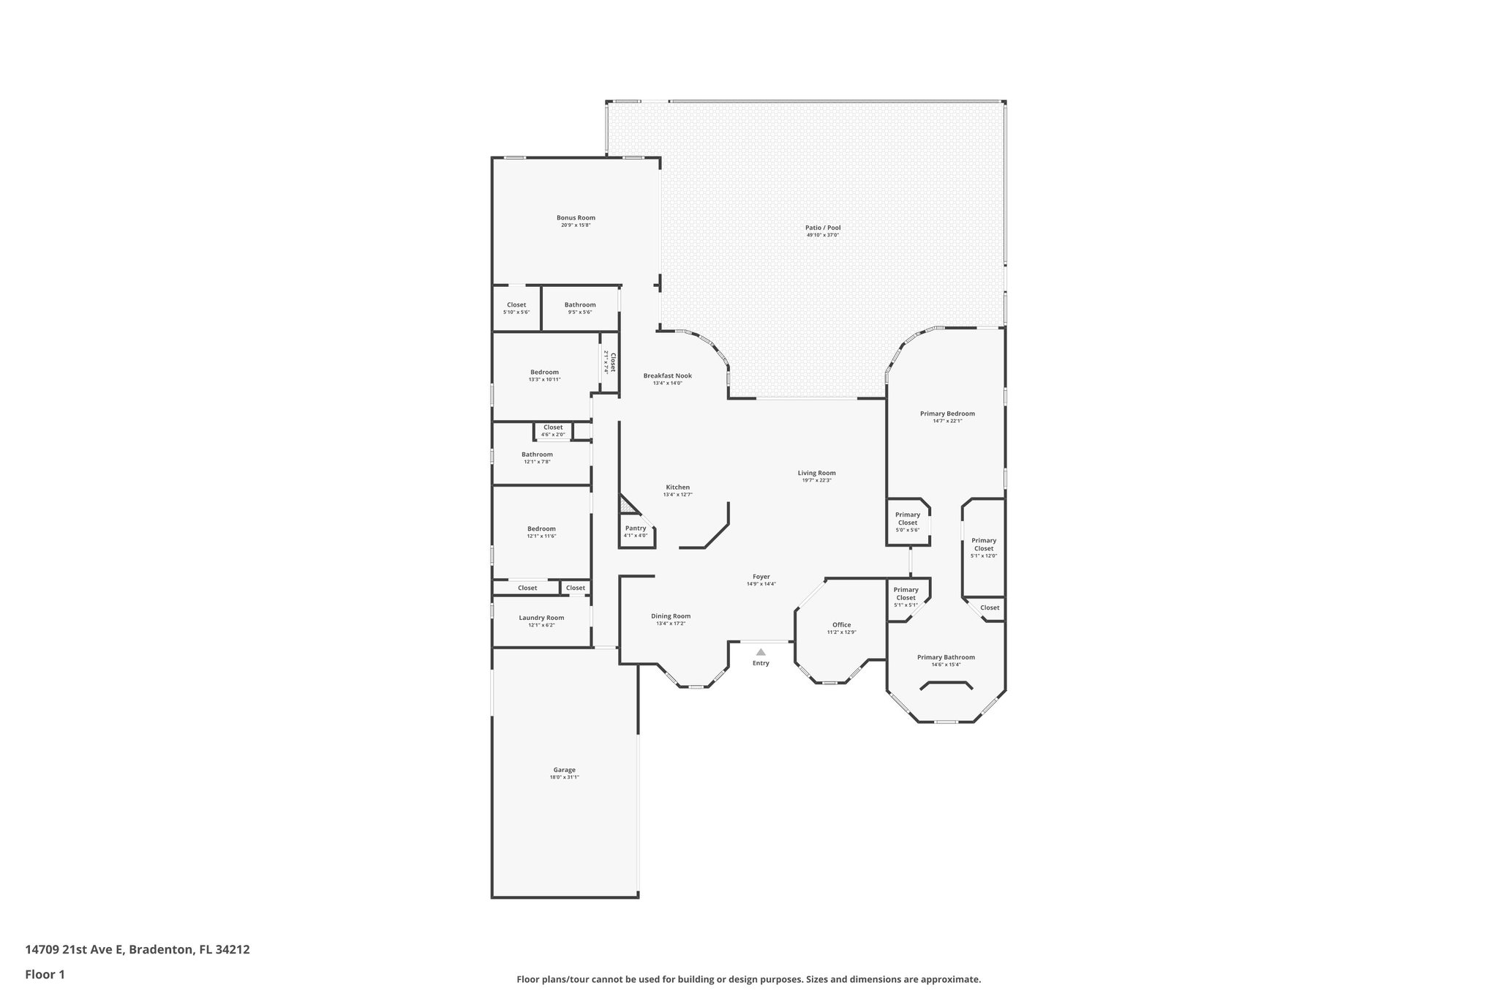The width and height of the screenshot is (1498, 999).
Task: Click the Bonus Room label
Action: pyautogui.click(x=576, y=217)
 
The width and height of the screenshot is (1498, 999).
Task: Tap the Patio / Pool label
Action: pyautogui.click(x=823, y=228)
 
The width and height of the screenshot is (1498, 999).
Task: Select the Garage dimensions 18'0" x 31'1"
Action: pyautogui.click(x=564, y=777)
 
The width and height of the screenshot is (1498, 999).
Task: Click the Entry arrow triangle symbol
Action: pyautogui.click(x=761, y=651)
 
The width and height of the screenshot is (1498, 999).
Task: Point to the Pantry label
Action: pyautogui.click(x=636, y=528)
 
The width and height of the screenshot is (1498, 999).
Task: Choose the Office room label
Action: pyautogui.click(x=841, y=624)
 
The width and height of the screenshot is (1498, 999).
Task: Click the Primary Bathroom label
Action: pyautogui.click(x=946, y=656)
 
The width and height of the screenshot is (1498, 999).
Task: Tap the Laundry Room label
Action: pyautogui.click(x=541, y=617)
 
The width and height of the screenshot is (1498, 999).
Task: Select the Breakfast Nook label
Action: pyautogui.click(x=667, y=375)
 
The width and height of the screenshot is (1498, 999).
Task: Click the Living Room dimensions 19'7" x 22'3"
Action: pyautogui.click(x=816, y=480)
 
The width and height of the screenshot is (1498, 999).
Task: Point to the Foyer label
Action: pyautogui.click(x=761, y=576)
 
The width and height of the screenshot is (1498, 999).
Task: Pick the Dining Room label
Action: pyautogui.click(x=671, y=616)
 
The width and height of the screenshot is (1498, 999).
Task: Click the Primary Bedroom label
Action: pyautogui.click(x=947, y=413)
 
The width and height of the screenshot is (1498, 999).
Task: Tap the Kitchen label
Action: pyautogui.click(x=677, y=487)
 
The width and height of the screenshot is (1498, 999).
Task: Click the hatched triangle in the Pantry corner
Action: pyautogui.click(x=626, y=506)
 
